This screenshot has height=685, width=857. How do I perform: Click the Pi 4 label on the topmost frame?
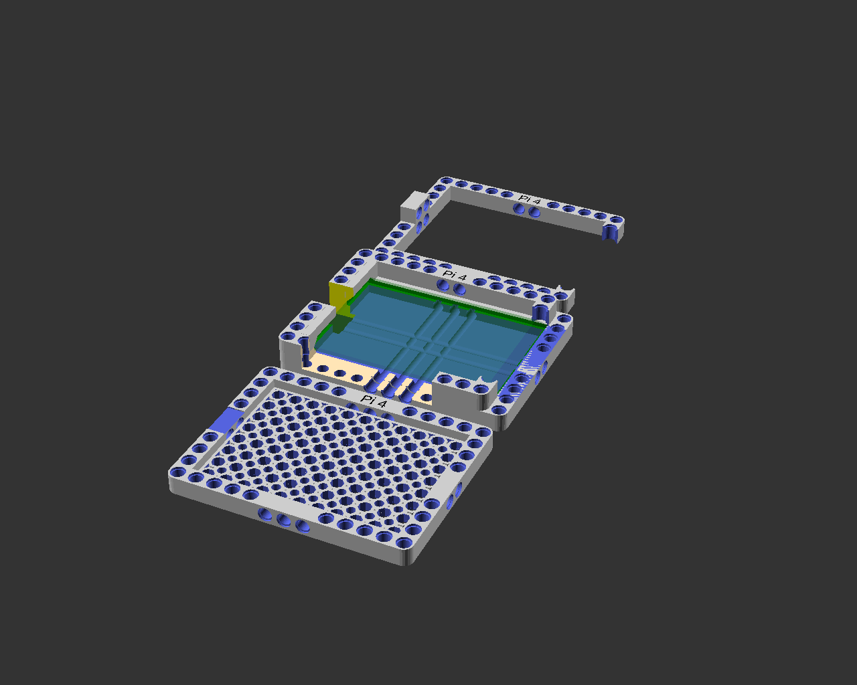(x=529, y=200)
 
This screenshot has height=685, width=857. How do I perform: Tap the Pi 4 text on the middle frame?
(x=454, y=275)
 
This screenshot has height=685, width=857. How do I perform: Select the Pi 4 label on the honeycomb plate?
(x=373, y=401)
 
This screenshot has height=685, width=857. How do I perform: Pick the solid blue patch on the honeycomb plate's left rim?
(x=226, y=420)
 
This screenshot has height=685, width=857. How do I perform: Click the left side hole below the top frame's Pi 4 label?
(x=518, y=208)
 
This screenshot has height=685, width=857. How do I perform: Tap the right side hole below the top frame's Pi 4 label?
(x=534, y=212)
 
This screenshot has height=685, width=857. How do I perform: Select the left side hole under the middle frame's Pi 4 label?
(x=443, y=284)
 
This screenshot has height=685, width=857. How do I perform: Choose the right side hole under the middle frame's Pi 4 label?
(x=459, y=288)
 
